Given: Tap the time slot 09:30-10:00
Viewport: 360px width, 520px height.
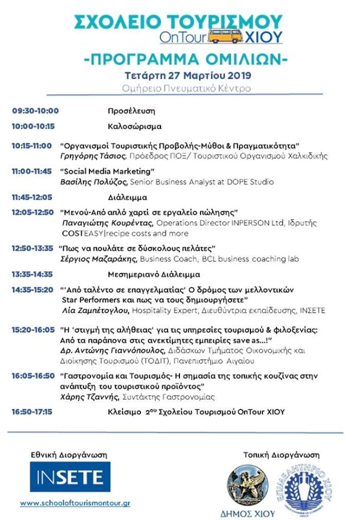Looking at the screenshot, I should point(35,110).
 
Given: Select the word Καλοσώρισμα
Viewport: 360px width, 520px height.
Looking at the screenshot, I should point(135,126).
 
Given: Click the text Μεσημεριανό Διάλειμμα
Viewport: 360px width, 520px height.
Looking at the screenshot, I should point(154,274).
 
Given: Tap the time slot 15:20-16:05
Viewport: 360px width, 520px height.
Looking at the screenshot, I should point(33,329).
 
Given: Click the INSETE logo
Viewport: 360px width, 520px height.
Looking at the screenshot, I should point(70,476).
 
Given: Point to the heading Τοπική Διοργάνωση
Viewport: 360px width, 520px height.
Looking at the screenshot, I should point(281,455).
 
